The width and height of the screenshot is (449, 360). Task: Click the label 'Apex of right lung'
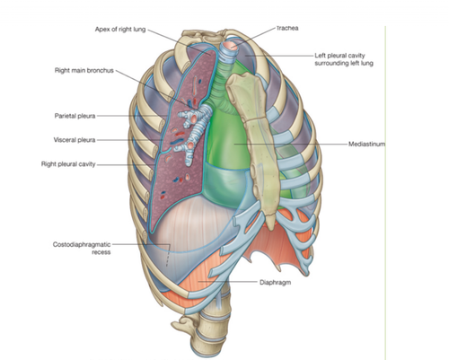120,30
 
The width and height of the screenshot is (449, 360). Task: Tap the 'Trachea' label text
287,29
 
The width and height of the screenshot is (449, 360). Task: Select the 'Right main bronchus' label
84,70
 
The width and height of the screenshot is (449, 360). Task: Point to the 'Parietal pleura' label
75,116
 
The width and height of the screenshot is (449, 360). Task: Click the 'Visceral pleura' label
75,140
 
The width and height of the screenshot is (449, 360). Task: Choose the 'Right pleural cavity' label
68,164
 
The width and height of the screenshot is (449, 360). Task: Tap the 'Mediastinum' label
366,144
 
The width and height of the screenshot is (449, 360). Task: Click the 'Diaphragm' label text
275,282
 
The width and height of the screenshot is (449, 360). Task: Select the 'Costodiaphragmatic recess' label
82,249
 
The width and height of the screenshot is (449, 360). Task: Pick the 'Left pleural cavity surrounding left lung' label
344,59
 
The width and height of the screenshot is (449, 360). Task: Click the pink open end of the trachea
230,46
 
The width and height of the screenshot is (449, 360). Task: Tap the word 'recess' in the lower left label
101,252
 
